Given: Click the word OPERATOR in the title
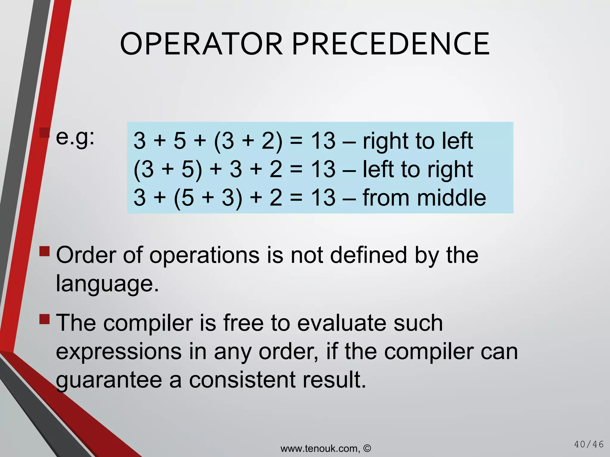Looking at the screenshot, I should (201, 44).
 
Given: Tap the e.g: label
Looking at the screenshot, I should (75, 137).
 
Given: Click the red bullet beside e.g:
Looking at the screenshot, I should (44, 133).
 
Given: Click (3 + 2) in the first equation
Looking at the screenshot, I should (248, 140).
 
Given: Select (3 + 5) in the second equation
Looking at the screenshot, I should (168, 169).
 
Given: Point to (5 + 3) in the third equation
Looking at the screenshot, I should (208, 198).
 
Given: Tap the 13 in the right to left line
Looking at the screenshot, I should (323, 140).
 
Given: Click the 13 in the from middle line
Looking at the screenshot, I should (323, 198).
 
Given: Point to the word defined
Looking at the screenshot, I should (368, 255).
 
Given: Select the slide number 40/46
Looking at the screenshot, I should (589, 445).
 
